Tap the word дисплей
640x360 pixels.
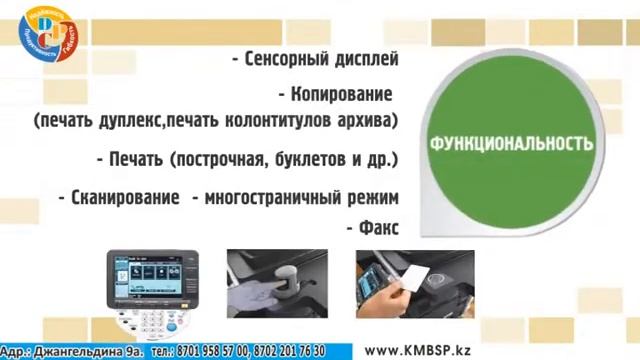(x=366, y=59)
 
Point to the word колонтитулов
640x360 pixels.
(x=292, y=121)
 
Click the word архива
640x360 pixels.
(x=369, y=121)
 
